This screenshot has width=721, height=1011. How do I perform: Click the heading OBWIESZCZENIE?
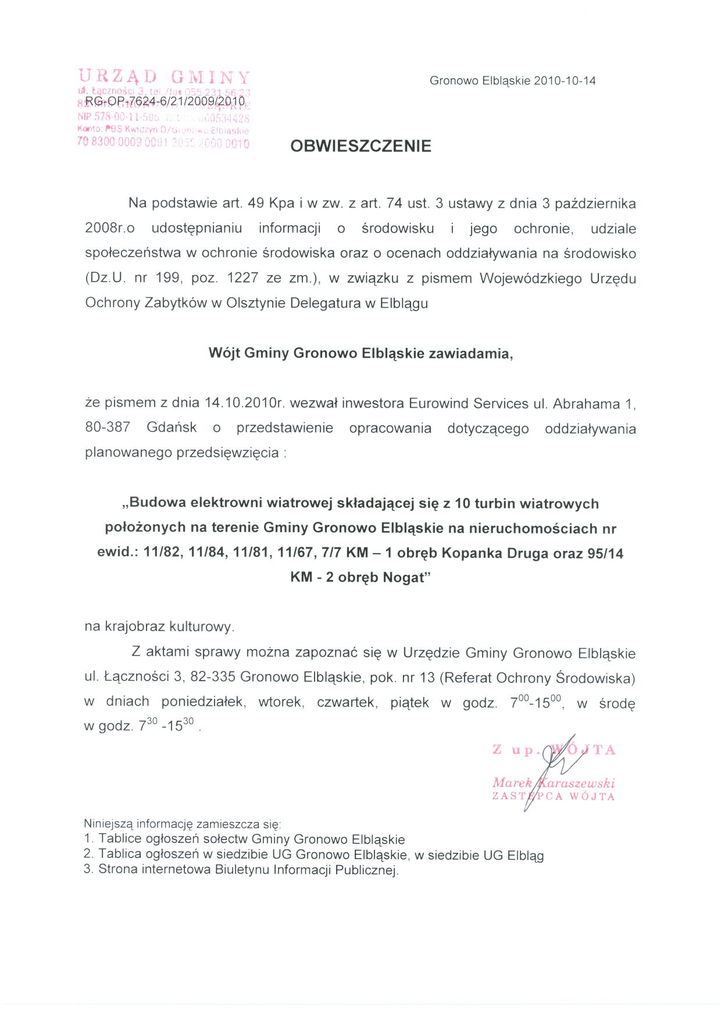click(360, 146)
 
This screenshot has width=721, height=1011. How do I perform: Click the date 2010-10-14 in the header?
click(565, 81)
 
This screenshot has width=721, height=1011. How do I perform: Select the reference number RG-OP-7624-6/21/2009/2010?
click(165, 101)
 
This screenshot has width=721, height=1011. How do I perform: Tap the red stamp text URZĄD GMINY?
click(164, 77)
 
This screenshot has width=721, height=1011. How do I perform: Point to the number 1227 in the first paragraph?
click(242, 278)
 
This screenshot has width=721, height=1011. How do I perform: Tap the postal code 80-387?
click(108, 428)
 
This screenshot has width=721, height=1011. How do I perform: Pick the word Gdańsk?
click(172, 428)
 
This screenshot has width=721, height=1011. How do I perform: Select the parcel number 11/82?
click(162, 553)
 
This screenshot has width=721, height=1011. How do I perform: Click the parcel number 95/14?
click(605, 553)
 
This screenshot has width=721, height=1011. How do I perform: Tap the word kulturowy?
click(201, 627)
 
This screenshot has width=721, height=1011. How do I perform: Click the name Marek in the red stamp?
click(512, 782)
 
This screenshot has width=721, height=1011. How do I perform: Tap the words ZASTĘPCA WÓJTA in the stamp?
click(553, 796)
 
